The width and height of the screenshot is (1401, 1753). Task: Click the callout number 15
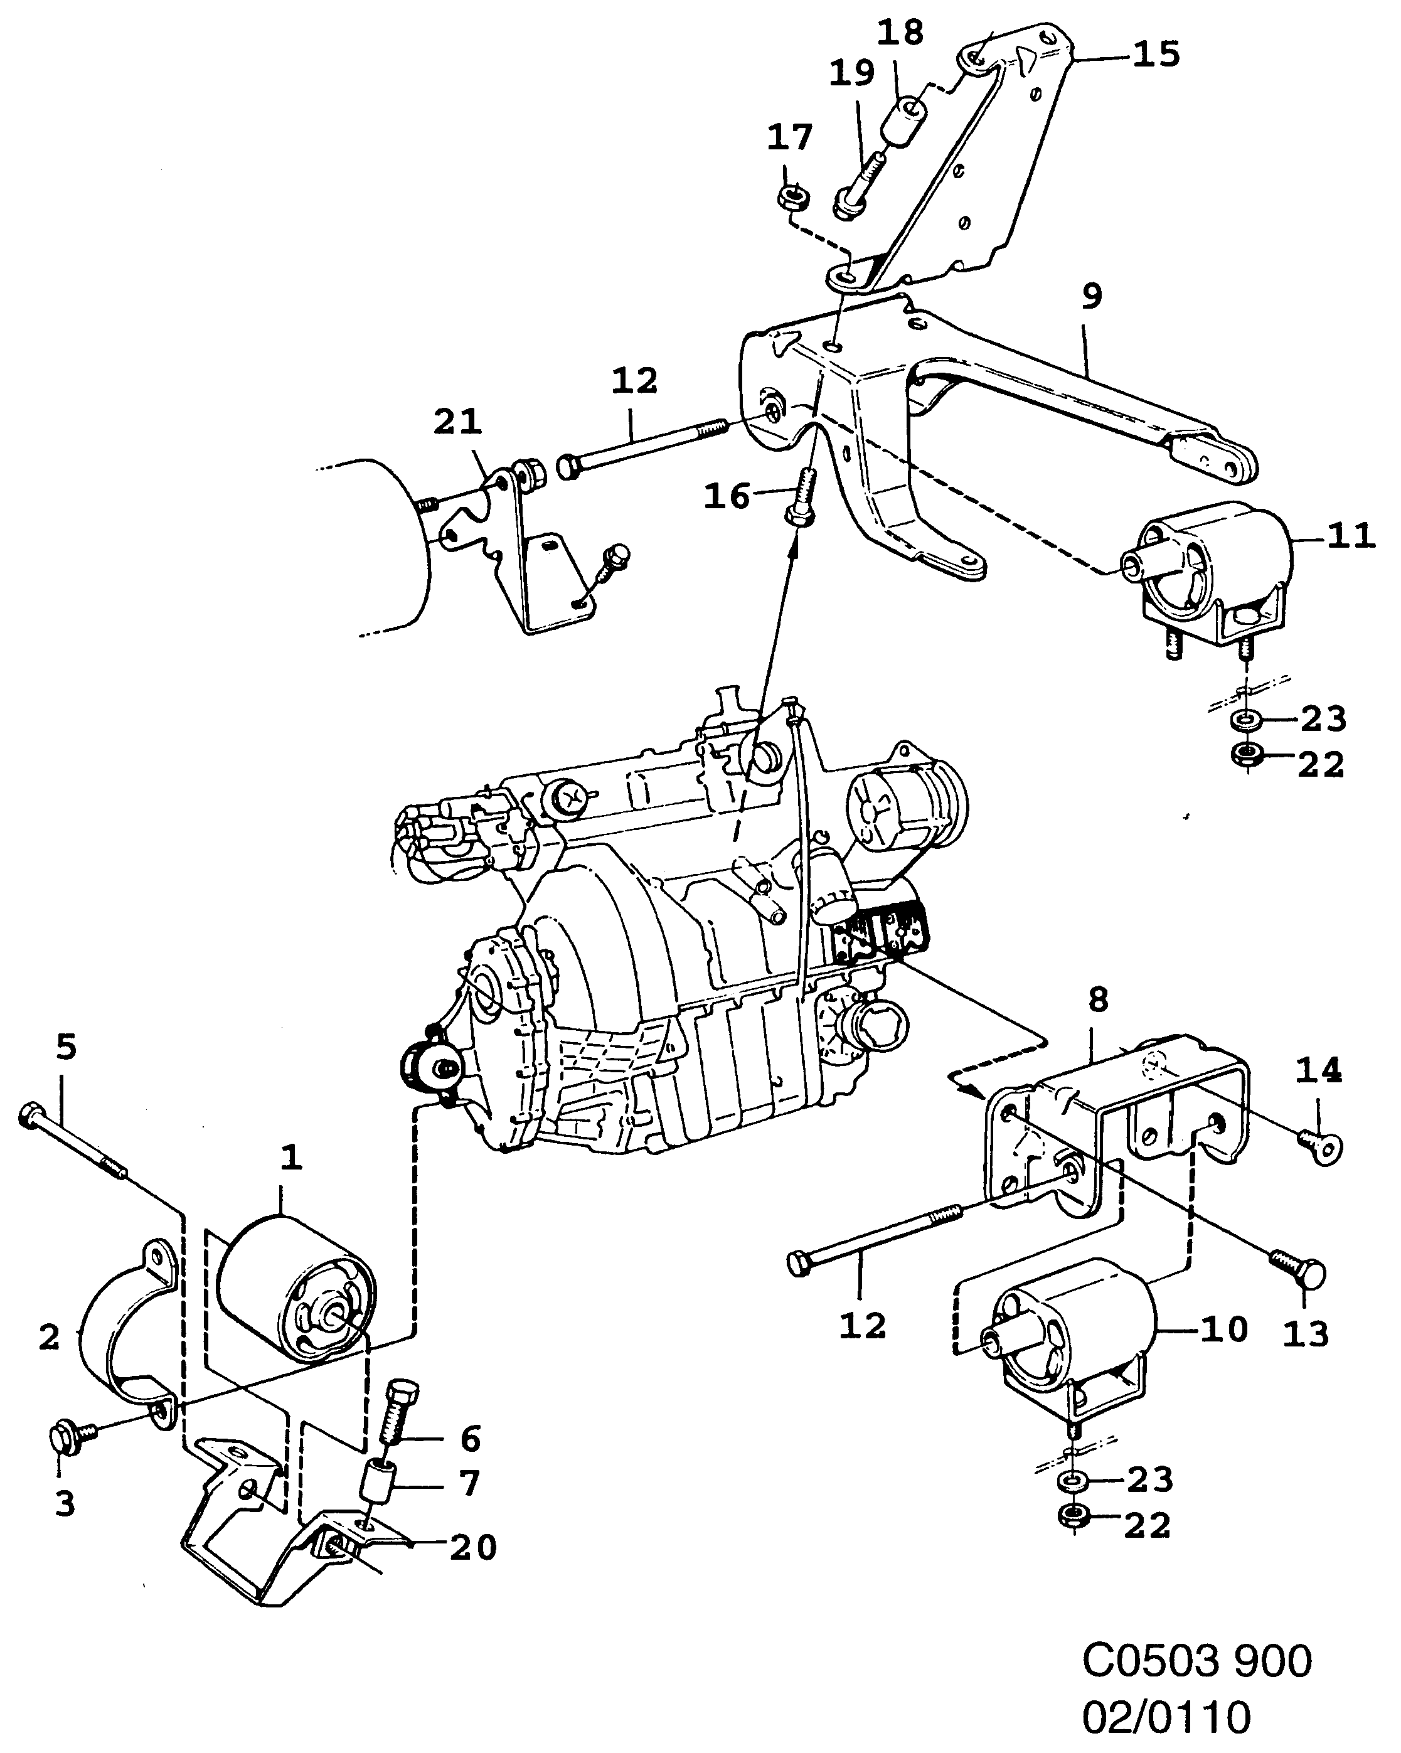tap(1156, 55)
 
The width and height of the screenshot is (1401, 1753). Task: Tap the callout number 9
tap(1092, 296)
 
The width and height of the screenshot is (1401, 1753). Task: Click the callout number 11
tap(1351, 536)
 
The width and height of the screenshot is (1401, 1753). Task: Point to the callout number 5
tap(67, 1047)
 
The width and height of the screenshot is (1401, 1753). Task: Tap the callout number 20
tap(473, 1548)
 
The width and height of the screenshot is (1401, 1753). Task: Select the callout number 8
tap(1099, 1000)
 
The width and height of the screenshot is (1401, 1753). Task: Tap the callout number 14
tap(1318, 1072)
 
